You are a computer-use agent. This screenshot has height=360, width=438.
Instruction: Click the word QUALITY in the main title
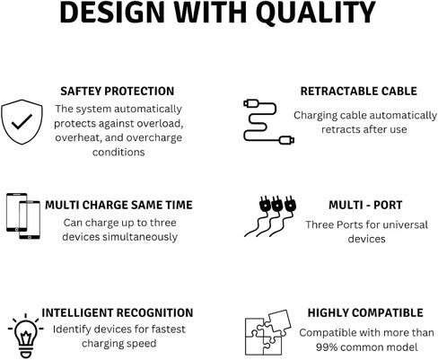tap(316, 13)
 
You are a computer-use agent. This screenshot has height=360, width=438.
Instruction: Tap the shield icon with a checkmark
tap(22, 122)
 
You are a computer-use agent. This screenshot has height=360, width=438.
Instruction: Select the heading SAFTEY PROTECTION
tap(118, 92)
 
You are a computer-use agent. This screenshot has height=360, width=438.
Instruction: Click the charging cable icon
tap(268, 122)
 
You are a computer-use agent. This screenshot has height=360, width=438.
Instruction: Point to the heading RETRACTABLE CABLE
tap(359, 92)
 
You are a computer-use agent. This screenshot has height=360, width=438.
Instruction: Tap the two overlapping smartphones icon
tap(23, 216)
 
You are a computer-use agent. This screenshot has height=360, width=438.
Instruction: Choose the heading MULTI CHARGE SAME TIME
tap(118, 205)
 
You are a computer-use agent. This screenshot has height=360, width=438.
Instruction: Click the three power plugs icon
tap(270, 216)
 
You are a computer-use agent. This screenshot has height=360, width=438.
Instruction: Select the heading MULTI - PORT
tap(365, 205)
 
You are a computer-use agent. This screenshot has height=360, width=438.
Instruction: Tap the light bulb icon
tap(26, 336)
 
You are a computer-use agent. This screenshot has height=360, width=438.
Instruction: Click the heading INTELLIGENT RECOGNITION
tap(118, 312)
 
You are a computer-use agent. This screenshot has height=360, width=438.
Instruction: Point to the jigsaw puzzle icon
tap(268, 332)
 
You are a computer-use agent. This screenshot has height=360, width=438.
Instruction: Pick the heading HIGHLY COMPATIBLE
tap(365, 312)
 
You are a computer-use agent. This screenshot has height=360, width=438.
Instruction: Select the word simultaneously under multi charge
tap(140, 237)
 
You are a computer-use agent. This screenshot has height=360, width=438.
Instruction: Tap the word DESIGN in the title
tap(112, 13)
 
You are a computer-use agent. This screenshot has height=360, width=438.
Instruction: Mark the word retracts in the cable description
tap(341, 129)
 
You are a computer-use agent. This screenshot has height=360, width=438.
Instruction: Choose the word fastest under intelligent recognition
tap(168, 329)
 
